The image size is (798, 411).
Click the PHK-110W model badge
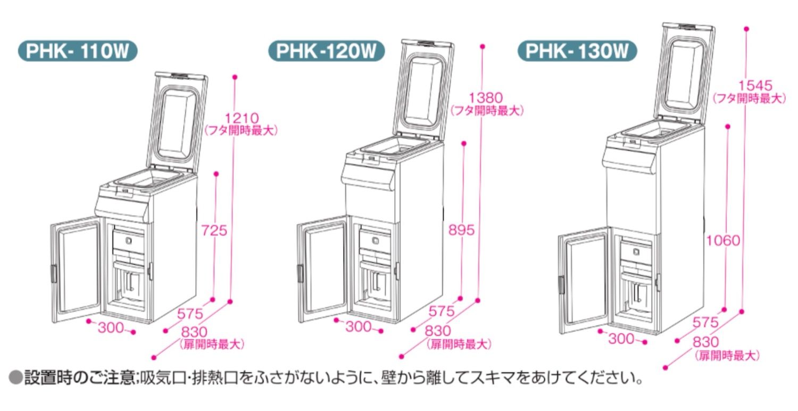click(77, 52)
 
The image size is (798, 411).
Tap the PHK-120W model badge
click(326, 52)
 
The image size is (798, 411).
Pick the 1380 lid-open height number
click(486, 98)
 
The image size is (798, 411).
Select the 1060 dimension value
click(723, 241)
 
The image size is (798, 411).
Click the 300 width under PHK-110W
click(111, 327)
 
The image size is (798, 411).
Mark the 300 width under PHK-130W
click(621, 338)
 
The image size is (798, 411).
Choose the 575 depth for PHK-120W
click(440, 310)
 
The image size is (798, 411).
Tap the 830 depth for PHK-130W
click(705, 342)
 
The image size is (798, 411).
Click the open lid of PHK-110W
click(178, 122)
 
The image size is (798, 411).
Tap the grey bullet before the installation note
click(16, 379)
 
